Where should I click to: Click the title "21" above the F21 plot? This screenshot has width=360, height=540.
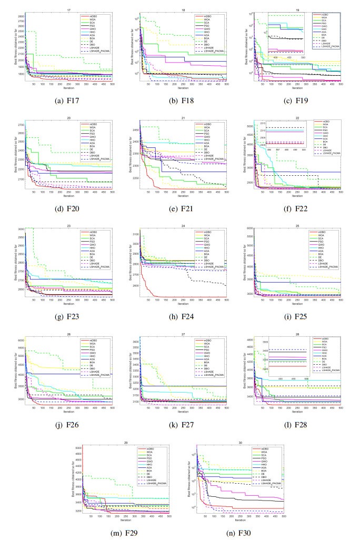180,117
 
